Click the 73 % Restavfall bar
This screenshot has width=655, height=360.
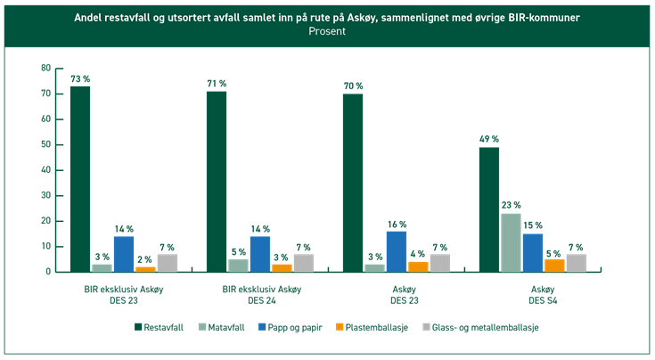(80, 178)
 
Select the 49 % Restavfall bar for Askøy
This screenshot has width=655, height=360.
(488, 209)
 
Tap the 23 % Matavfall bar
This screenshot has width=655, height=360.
(511, 242)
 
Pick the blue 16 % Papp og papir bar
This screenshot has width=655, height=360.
(396, 251)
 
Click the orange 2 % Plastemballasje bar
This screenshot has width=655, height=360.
(145, 268)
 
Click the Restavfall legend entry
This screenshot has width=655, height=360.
(160, 327)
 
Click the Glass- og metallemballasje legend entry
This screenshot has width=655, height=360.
(482, 327)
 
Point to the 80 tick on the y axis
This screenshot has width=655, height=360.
(45, 68)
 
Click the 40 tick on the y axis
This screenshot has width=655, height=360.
(45, 170)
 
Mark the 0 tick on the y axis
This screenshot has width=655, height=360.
(47, 272)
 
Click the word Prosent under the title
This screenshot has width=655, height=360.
(327, 31)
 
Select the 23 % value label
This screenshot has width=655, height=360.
(511, 204)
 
